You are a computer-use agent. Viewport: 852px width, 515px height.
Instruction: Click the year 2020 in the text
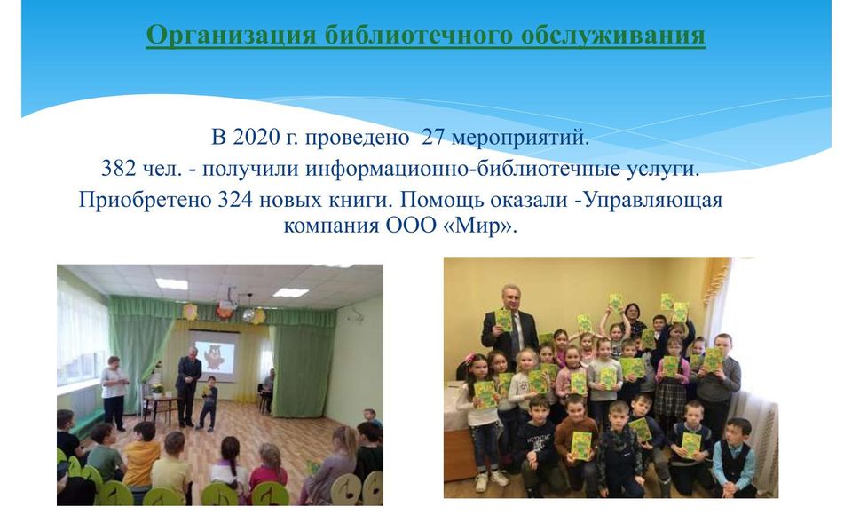click(x=256, y=137)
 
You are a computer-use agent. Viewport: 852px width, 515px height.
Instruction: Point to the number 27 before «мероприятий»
click(x=433, y=137)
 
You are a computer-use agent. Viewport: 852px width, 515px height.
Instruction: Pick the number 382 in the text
click(x=118, y=168)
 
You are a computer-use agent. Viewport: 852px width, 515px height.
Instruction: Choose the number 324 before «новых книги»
click(x=235, y=199)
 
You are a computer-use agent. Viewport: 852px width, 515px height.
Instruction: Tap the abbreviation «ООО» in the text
click(x=411, y=226)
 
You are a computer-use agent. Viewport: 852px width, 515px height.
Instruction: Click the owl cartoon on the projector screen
click(x=216, y=357)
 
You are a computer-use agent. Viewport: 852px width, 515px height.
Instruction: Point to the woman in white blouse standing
click(x=114, y=391)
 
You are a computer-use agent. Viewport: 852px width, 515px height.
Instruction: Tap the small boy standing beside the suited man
click(x=208, y=403)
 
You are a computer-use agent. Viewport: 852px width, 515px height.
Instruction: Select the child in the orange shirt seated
click(x=142, y=456)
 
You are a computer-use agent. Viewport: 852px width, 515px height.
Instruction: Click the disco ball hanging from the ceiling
click(x=248, y=315)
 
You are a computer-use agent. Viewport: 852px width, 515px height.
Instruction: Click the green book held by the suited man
click(x=504, y=320)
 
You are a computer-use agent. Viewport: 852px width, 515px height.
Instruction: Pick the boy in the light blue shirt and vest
click(x=735, y=457)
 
